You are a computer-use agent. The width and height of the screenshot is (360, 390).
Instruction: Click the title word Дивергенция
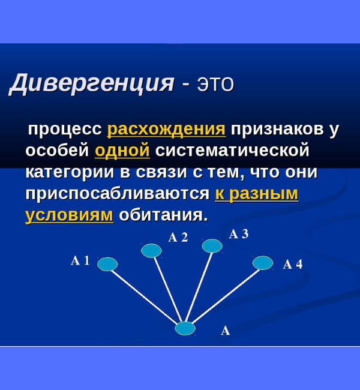pos(91,82)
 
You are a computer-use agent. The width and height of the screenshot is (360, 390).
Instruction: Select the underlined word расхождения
pos(166,129)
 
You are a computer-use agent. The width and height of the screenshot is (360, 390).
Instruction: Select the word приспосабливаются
pos(118,194)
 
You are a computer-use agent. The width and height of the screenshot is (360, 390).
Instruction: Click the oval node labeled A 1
pos(107,264)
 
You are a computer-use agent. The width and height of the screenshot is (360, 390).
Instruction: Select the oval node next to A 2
pos(151,250)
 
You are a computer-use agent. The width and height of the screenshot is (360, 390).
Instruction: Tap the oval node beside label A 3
pos(212,245)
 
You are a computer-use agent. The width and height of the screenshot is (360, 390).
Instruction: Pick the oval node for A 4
pos(263,263)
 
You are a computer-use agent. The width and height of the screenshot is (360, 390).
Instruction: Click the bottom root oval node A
pos(185,328)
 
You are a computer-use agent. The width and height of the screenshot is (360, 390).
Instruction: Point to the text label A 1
pos(80,260)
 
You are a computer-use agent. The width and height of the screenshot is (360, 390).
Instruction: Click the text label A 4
pos(292,265)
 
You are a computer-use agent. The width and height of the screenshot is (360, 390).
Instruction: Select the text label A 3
pos(239,234)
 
